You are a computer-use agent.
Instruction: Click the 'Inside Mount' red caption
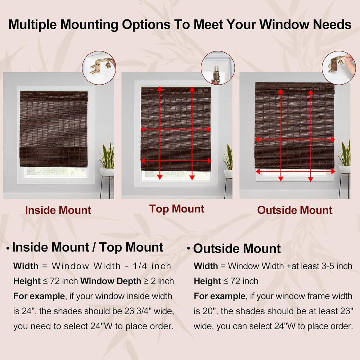tap(58, 210)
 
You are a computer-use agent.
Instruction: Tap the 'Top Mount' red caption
tap(176, 209)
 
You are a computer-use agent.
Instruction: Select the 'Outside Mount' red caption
tap(294, 210)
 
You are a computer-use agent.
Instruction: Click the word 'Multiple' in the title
tap(32, 24)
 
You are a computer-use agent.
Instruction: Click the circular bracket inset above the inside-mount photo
tap(99, 68)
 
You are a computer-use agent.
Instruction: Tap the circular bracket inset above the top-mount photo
tap(218, 68)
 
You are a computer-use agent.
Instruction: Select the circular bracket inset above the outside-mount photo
tap(339, 68)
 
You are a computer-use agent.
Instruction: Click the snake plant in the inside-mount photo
tap(107, 156)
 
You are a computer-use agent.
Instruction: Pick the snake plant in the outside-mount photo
tap(345, 154)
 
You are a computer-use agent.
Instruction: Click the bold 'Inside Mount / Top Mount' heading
tap(87, 247)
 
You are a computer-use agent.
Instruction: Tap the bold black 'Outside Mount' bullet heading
tap(237, 248)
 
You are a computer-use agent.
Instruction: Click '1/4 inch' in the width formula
tap(152, 266)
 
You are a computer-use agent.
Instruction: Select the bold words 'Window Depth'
tap(111, 281)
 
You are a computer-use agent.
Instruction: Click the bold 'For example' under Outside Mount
tap(220, 296)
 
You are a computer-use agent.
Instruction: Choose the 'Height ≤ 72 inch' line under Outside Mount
tap(226, 281)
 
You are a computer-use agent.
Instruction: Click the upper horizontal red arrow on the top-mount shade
tap(176, 129)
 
